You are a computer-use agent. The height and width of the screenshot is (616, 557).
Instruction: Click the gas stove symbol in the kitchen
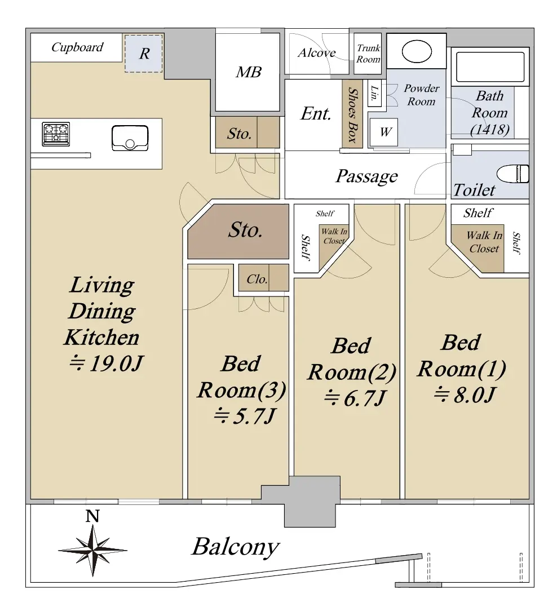[x=56, y=134]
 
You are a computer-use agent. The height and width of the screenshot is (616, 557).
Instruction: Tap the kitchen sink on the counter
[x=130, y=138]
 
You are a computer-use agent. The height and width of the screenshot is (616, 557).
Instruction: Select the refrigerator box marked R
[x=143, y=54]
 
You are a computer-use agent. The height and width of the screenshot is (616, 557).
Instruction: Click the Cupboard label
[x=77, y=47]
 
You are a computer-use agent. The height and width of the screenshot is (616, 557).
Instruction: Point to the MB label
[x=249, y=72]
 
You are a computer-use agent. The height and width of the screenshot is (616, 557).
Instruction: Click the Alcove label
[x=316, y=52]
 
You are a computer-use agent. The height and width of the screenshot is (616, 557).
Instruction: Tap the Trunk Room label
[x=368, y=54]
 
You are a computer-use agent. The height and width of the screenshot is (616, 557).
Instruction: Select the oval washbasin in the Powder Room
[x=417, y=51]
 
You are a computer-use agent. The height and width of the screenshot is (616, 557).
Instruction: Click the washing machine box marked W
[x=384, y=132]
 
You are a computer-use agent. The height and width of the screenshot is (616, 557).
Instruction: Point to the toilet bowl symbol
[x=513, y=174]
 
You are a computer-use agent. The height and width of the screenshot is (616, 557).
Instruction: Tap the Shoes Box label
[x=352, y=116]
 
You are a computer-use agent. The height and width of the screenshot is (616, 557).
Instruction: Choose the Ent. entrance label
[x=316, y=114]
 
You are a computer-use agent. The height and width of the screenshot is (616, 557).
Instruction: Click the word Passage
[x=366, y=176]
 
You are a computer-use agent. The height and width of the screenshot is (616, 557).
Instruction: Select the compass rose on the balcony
[x=93, y=551]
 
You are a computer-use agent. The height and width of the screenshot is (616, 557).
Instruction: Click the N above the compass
[x=92, y=516]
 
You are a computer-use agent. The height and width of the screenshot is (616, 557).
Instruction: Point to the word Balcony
[x=236, y=547]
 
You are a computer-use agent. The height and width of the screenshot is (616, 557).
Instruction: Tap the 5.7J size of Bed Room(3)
[x=245, y=416]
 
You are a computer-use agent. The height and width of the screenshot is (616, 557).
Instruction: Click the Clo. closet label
[x=257, y=280]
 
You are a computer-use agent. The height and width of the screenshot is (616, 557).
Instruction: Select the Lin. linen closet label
[x=374, y=93]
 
